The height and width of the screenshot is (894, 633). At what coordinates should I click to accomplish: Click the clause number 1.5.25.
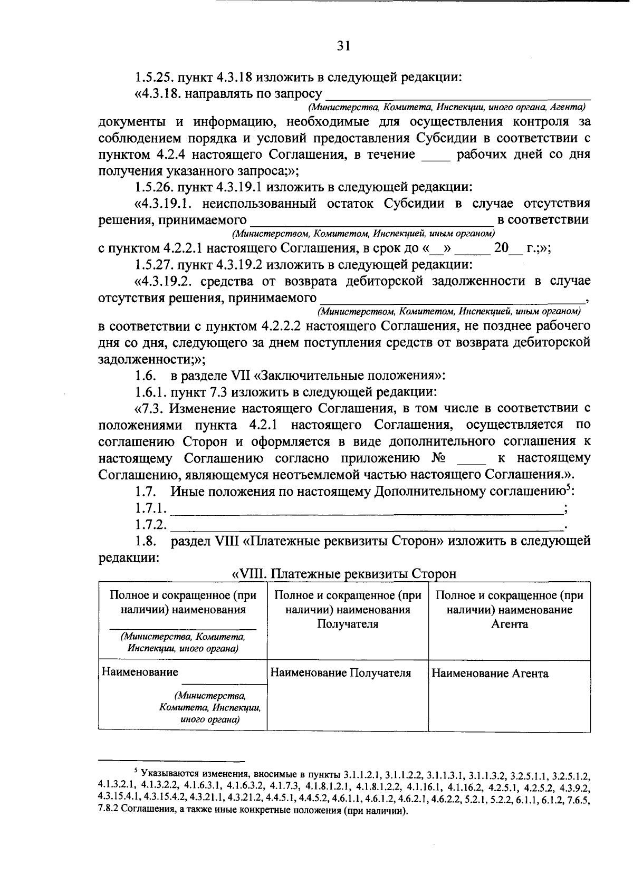click(154, 78)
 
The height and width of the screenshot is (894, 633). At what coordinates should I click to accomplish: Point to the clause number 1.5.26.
click(154, 187)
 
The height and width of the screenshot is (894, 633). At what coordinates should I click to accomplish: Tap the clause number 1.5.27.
click(154, 264)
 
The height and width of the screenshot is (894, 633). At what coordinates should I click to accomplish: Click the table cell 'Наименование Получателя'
click(340, 673)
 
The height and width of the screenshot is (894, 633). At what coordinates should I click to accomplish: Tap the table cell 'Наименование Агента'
click(490, 674)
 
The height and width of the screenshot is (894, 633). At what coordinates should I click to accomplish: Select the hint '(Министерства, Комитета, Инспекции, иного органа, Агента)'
click(448, 108)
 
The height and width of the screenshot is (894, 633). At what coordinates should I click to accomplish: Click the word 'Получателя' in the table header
click(348, 624)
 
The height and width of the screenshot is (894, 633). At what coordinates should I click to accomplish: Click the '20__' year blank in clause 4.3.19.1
click(503, 248)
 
